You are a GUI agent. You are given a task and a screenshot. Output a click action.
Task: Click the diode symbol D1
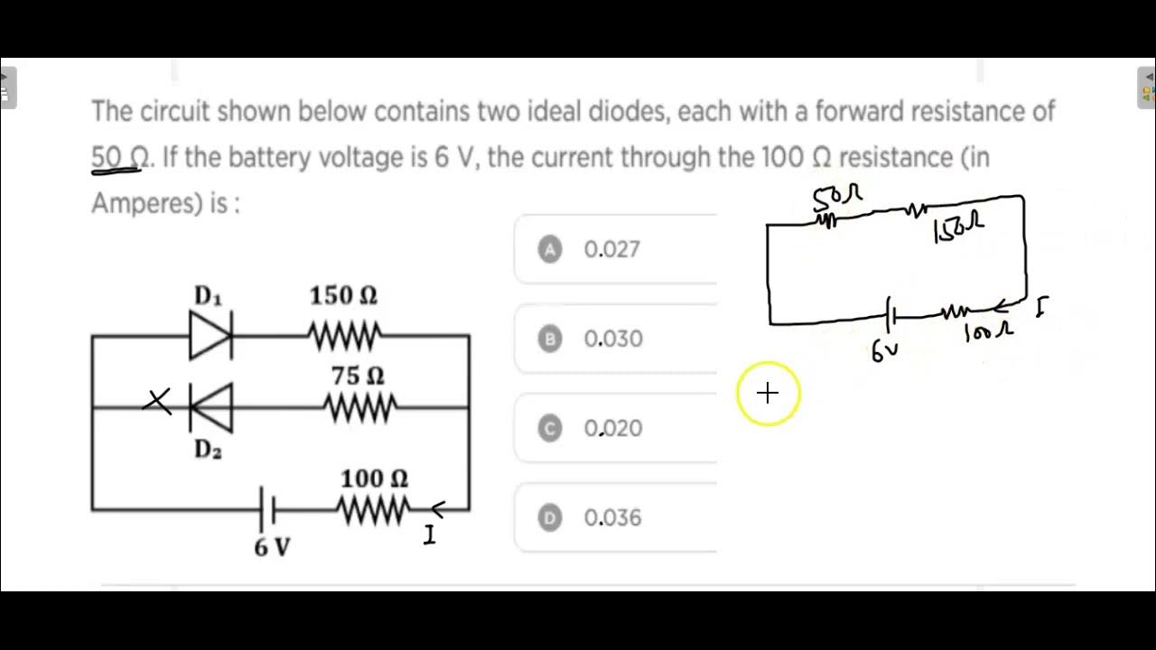(211, 336)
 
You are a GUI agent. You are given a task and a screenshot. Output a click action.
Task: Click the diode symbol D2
(210, 407)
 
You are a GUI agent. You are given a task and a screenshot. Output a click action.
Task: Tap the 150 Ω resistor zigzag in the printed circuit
(344, 336)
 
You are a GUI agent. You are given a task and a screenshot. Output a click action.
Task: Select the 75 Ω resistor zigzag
(359, 409)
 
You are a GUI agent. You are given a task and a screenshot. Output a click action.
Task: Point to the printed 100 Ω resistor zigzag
(374, 511)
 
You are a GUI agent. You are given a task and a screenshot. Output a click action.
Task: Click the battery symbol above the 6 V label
(267, 511)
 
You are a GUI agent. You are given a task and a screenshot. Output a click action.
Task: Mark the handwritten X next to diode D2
(158, 401)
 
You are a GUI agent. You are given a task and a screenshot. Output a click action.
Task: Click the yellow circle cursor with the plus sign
(768, 393)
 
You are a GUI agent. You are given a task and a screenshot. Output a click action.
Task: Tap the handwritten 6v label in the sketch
(884, 352)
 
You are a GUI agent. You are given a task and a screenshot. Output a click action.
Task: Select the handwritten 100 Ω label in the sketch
(989, 333)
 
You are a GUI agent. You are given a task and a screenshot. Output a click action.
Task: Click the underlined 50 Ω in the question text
(120, 157)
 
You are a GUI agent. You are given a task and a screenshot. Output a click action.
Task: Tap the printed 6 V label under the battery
(272, 547)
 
